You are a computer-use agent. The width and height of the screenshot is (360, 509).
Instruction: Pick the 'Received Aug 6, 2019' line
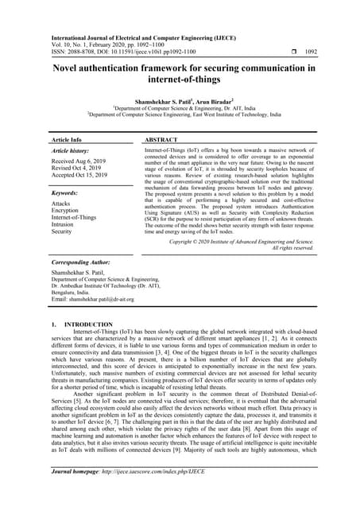(79, 161)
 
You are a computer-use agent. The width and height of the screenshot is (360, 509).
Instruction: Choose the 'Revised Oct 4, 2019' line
(76, 169)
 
